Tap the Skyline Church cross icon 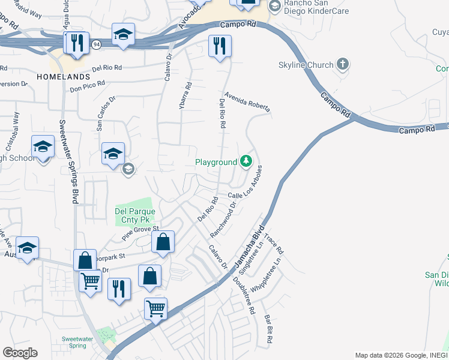[343, 64]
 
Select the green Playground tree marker [246, 161]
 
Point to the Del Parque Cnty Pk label [135, 216]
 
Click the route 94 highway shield [95, 44]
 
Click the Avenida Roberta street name [247, 103]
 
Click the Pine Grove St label [140, 233]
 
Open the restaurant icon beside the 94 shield [77, 44]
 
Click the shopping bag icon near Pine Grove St [162, 242]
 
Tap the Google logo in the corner [20, 353]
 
